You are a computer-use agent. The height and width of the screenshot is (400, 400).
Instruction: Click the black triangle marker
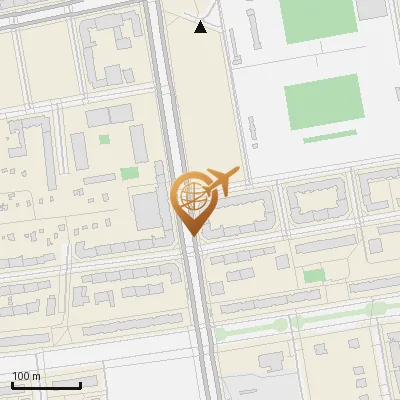pos(201,27)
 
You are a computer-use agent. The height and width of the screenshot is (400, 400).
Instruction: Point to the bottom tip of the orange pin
pos(190,235)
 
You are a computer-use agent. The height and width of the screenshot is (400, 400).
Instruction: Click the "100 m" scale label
pos(26,376)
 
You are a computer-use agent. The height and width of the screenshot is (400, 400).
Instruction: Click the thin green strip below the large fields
pos(329,136)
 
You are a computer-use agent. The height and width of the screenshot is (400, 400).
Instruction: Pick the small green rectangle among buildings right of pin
pos(313,275)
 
